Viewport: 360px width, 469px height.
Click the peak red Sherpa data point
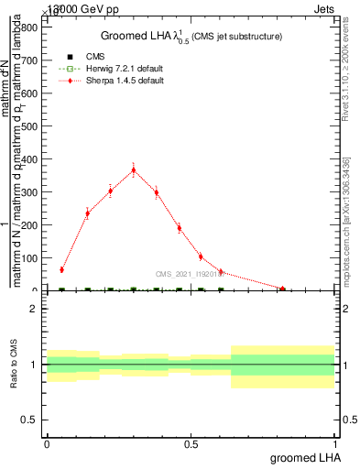click(134, 169)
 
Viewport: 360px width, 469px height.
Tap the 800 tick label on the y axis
click(29, 27)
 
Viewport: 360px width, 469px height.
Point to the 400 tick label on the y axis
click(29, 159)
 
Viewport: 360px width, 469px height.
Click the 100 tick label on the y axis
click(29, 258)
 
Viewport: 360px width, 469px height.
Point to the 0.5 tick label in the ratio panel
click(29, 420)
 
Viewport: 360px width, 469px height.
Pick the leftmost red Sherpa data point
click(61, 269)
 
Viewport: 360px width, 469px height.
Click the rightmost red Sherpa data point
click(283, 289)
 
